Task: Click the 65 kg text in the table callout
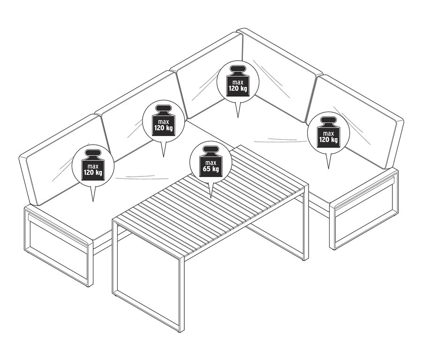tap(209, 169)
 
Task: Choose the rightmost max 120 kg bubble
tap(328, 133)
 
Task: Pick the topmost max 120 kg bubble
tap(237, 82)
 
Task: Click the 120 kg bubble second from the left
tap(162, 121)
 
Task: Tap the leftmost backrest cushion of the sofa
tap(56, 160)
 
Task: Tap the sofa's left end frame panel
tap(56, 249)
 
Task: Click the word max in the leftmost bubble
tap(93, 166)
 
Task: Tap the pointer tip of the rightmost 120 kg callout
tap(328, 168)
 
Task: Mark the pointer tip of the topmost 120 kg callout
tap(238, 117)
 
